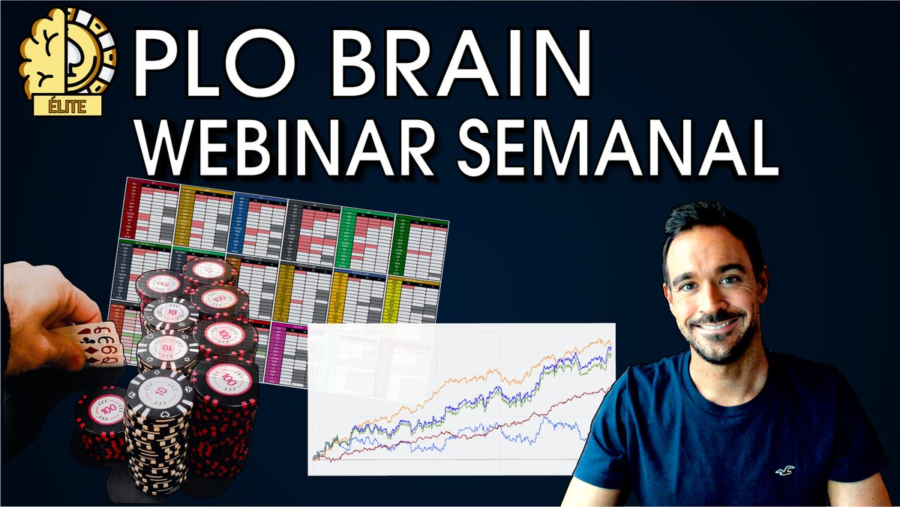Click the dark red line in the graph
525,420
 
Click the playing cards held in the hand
101,345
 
